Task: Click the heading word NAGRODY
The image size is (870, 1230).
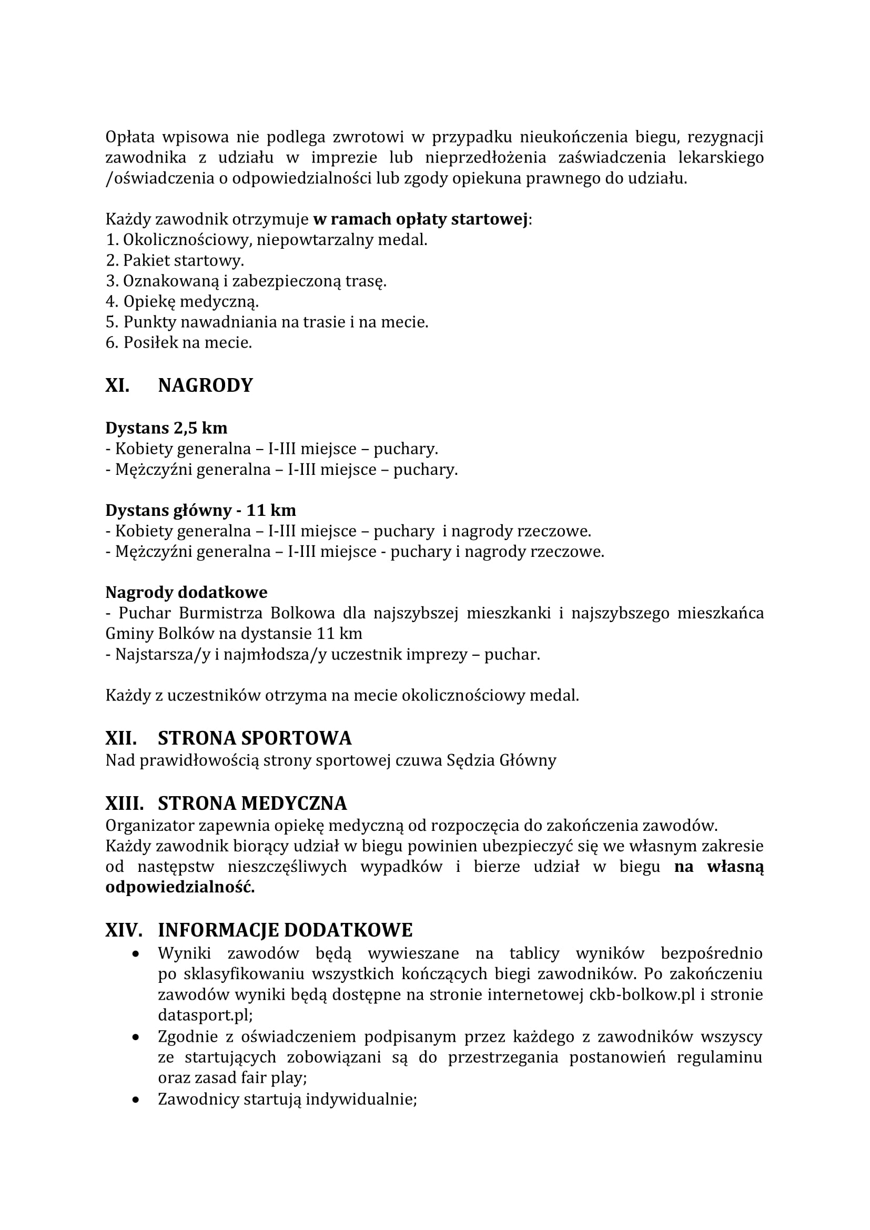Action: pyautogui.click(x=205, y=385)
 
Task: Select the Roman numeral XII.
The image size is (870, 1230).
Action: pyautogui.click(x=120, y=738)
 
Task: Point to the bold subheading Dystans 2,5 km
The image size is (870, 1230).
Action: pyautogui.click(x=166, y=428)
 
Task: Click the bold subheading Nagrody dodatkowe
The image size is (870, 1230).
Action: pyautogui.click(x=186, y=593)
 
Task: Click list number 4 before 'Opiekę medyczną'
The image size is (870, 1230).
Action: pyautogui.click(x=112, y=302)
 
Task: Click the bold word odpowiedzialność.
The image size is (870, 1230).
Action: pyautogui.click(x=180, y=888)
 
